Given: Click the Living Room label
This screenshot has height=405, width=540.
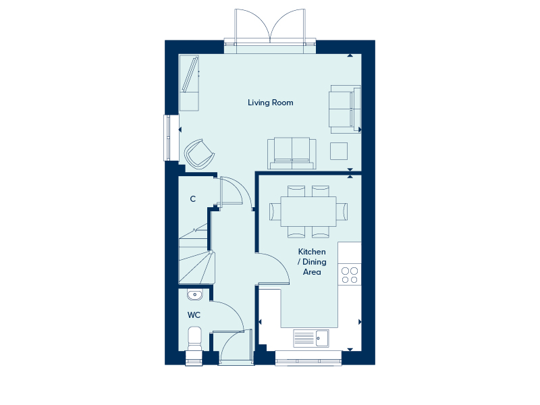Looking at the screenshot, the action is [x=271, y=103].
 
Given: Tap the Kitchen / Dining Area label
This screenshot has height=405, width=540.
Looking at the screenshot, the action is [x=312, y=262].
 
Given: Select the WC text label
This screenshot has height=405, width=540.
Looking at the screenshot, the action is [x=194, y=315].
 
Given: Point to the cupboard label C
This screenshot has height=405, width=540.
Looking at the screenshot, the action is [x=193, y=199].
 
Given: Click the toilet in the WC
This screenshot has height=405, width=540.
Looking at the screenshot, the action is [x=195, y=338].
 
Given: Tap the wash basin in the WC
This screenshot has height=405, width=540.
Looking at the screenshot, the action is [x=195, y=295].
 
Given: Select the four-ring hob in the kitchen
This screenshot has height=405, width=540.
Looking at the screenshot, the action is [x=350, y=275].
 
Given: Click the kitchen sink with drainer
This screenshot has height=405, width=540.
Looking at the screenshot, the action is [x=311, y=338].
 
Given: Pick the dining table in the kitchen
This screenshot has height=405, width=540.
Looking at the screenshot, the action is [x=308, y=211].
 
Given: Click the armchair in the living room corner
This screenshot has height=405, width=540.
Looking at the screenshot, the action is [x=199, y=155].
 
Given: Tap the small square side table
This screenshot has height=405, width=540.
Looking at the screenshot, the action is [x=339, y=151].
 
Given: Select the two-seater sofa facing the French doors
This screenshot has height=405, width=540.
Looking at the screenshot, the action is [x=292, y=153].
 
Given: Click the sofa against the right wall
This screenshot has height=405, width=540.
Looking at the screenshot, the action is [x=345, y=109].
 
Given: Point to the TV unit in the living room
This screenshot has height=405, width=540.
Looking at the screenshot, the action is [x=189, y=83].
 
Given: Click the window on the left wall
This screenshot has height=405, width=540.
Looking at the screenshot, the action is [x=167, y=138].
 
